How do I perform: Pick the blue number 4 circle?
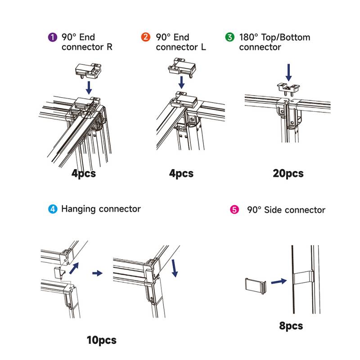tap(53, 209)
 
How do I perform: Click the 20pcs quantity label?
tap(288, 173)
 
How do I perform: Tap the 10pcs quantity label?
tap(101, 340)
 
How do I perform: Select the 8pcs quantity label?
tap(291, 326)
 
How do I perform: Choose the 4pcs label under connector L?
tap(181, 173)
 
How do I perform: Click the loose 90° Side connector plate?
tap(255, 285)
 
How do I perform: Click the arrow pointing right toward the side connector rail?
tap(279, 281)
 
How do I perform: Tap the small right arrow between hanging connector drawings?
tap(97, 273)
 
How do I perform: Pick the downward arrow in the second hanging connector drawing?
tap(174, 269)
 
